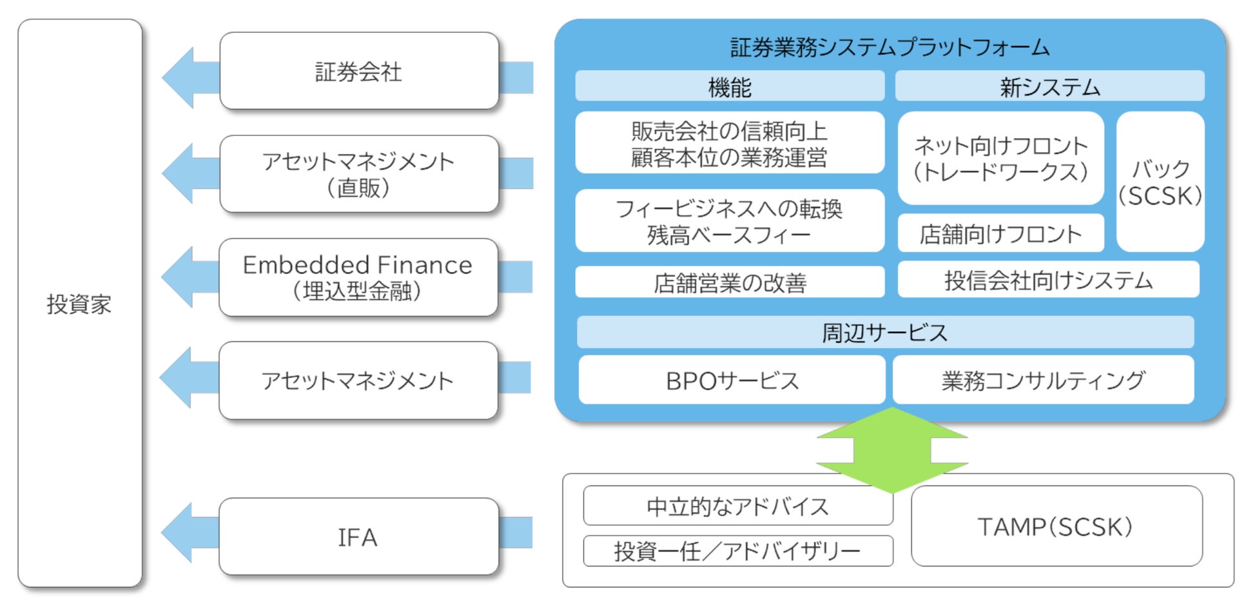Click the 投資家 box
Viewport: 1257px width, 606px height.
80,303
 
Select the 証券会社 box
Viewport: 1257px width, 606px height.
359,71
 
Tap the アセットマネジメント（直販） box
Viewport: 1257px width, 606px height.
359,174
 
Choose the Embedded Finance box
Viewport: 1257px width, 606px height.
358,277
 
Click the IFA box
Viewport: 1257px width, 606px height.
358,536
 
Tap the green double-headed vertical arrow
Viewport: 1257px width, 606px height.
892,450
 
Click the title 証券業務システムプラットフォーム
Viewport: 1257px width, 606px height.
890,47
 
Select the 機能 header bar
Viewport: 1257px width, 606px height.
730,86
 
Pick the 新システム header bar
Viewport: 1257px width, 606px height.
1050,86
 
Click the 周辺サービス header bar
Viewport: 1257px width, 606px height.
885,333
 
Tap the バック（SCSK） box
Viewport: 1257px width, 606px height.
1160,182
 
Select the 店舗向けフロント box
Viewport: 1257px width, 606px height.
1000,233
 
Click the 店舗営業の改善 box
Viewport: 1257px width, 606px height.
730,282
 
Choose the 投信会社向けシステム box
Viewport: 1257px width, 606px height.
1048,280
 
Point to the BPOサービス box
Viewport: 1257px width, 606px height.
732,380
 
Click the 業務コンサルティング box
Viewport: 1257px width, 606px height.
1043,380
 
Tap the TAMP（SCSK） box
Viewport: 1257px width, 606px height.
1057,526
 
